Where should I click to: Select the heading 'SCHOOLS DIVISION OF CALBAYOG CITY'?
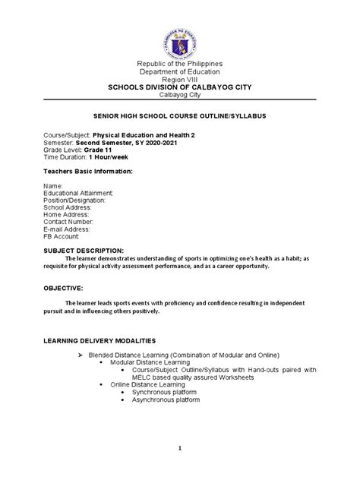click(x=180, y=96)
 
